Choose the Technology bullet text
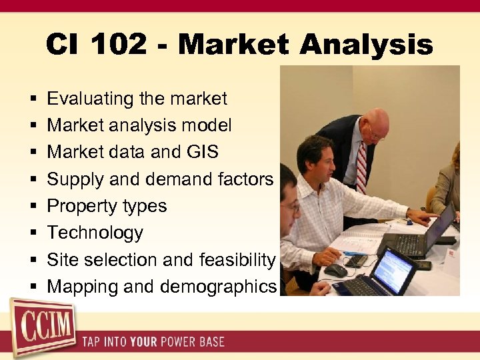point(95,233)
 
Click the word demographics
point(218,287)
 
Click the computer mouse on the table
point(335,270)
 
